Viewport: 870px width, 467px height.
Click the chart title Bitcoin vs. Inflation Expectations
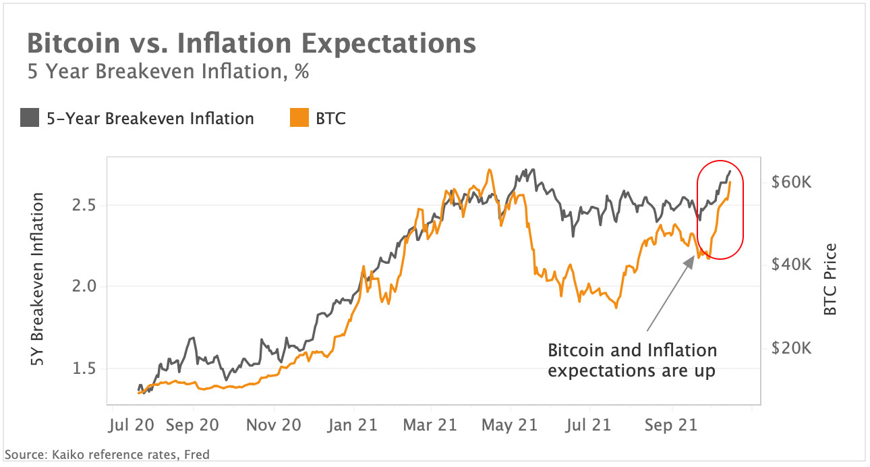pos(251,44)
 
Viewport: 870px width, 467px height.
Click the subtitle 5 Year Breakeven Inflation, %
pos(168,71)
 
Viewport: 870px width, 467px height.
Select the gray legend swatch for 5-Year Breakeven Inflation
pos(30,119)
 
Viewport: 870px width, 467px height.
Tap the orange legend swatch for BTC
pos(299,119)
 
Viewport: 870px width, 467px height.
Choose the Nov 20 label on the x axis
pos(272,425)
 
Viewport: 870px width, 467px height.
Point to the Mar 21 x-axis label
pos(430,425)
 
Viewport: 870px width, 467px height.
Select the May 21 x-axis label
pos(511,425)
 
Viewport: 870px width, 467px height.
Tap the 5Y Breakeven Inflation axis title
pos(38,280)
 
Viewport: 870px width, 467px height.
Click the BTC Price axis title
pos(830,279)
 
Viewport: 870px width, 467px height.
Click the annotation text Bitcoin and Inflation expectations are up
pos(632,361)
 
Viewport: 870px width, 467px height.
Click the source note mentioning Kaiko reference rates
pos(107,455)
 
